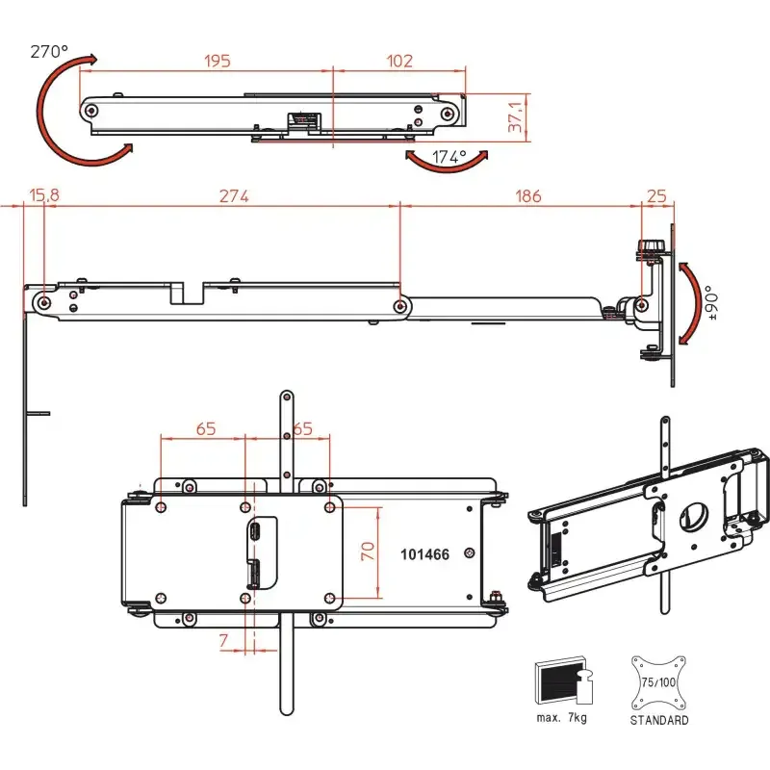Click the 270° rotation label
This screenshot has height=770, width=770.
tap(49, 51)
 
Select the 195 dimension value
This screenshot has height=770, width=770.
tap(218, 61)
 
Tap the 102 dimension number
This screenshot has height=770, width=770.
tap(399, 61)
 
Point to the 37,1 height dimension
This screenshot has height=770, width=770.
tap(515, 116)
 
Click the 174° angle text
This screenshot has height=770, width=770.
tap(449, 157)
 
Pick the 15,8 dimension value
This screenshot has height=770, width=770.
tap(44, 195)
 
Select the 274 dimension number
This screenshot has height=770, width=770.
tap(234, 196)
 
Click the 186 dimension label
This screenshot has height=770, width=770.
tap(528, 196)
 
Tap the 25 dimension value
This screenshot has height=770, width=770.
tap(656, 196)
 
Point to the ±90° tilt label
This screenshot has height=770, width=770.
tap(712, 303)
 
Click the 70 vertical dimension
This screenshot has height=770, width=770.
tap(368, 551)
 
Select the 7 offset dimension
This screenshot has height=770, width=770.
tap(224, 640)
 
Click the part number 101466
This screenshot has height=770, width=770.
tap(424, 554)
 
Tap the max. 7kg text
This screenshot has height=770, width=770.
tap(562, 717)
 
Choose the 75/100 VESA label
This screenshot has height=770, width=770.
tap(658, 682)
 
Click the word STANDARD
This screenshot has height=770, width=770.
tap(659, 720)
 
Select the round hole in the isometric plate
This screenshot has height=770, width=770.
tap(693, 517)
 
